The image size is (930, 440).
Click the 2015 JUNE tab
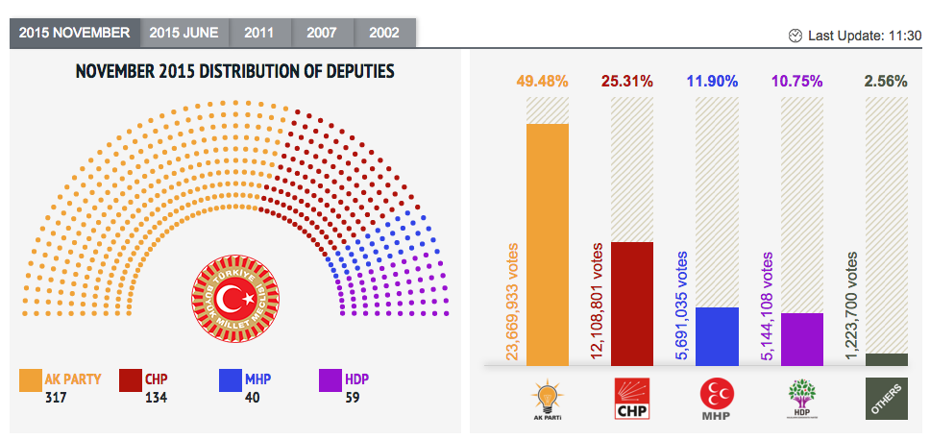pyautogui.click(x=184, y=33)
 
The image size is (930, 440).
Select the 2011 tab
pyautogui.click(x=258, y=33)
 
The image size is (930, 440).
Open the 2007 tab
pyautogui.click(x=321, y=33)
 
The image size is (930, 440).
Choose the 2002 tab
pyautogui.click(x=383, y=33)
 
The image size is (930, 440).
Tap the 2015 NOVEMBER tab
pyautogui.click(x=74, y=33)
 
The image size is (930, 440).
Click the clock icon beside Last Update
pyautogui.click(x=795, y=36)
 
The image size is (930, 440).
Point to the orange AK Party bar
pyautogui.click(x=547, y=245)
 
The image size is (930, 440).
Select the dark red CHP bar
pyautogui.click(x=631, y=304)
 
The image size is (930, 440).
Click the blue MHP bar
pyautogui.click(x=716, y=336)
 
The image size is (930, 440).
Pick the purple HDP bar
pyautogui.click(x=801, y=339)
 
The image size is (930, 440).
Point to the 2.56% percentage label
pyautogui.click(x=886, y=82)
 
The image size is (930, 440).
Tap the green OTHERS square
pyautogui.click(x=886, y=400)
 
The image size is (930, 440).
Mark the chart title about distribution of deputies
pyautogui.click(x=234, y=72)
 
